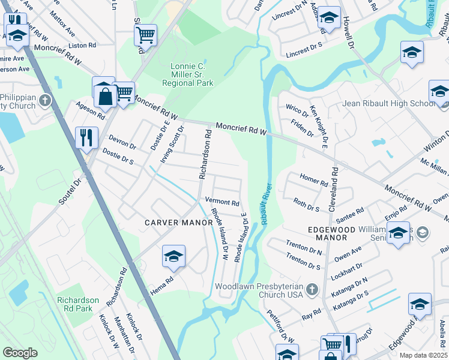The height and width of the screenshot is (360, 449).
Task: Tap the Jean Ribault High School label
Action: point(388,103)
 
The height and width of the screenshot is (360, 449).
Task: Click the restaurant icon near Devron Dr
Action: point(86,137)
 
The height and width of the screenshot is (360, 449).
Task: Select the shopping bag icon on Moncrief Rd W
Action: point(104,97)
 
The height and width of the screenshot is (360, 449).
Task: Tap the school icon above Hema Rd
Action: point(173,256)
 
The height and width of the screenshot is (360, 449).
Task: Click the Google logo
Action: point(20,353)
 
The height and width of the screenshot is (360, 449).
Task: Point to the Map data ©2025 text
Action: point(423,355)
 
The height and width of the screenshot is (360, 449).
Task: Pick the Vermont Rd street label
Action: point(222,203)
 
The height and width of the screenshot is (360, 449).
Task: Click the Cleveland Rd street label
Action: point(334,188)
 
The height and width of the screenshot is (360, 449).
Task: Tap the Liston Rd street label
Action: point(82,45)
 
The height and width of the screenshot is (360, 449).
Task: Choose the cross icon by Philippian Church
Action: point(45,100)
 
